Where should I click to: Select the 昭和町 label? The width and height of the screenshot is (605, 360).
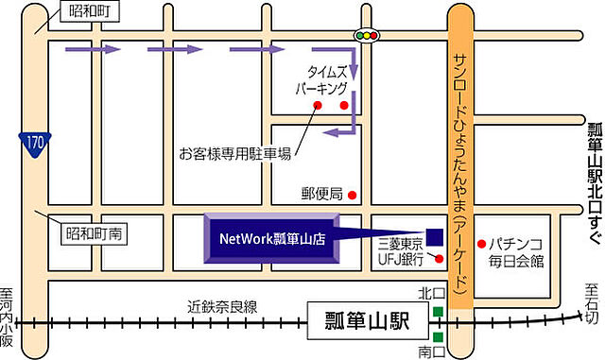(x=87, y=12)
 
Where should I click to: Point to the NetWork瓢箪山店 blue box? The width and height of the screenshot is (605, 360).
(x=272, y=240)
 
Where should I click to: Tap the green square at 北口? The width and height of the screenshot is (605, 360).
(x=439, y=313)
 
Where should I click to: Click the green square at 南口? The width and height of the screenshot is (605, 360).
(x=439, y=336)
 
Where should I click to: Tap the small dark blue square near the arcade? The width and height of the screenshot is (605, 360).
(x=436, y=236)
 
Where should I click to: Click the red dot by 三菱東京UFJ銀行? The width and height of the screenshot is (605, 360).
(x=439, y=257)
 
